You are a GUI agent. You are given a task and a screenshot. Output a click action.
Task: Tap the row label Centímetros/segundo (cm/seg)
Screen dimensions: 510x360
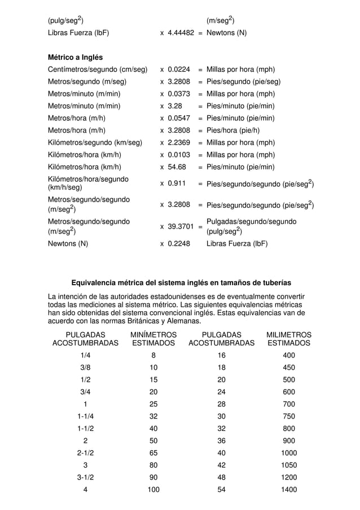pyautogui.click(x=98, y=70)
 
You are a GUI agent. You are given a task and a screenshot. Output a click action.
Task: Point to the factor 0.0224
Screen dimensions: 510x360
pyautogui.click(x=179, y=70)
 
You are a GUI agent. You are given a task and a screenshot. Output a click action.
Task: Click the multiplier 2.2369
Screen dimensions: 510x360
pyautogui.click(x=179, y=143)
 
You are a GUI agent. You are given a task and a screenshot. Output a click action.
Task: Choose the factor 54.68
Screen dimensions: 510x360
pyautogui.click(x=177, y=167)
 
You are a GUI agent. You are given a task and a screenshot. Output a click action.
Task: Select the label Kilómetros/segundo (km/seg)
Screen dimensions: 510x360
pyautogui.click(x=95, y=143)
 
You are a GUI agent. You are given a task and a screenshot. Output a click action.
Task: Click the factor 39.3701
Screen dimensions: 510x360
pyautogui.click(x=181, y=226)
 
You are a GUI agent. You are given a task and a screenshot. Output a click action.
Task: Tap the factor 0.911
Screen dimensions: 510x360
pyautogui.click(x=177, y=184)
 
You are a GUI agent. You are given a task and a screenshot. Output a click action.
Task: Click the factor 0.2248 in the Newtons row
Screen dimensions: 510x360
pyautogui.click(x=179, y=245)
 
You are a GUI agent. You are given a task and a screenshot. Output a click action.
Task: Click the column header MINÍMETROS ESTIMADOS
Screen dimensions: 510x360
pyautogui.click(x=153, y=339)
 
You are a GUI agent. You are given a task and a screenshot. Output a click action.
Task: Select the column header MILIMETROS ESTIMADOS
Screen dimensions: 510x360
pyautogui.click(x=289, y=339)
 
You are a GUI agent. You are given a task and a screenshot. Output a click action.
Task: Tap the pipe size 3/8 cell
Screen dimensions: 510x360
pyautogui.click(x=85, y=368)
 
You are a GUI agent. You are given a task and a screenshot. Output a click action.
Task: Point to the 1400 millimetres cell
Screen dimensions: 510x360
pyautogui.click(x=289, y=490)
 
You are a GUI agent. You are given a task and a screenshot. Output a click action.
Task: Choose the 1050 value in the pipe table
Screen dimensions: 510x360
pyautogui.click(x=289, y=465)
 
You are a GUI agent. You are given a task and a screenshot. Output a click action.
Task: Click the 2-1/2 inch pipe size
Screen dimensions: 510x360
pyautogui.click(x=85, y=453)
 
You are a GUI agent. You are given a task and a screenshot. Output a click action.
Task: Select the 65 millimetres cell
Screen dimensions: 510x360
pyautogui.click(x=153, y=453)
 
